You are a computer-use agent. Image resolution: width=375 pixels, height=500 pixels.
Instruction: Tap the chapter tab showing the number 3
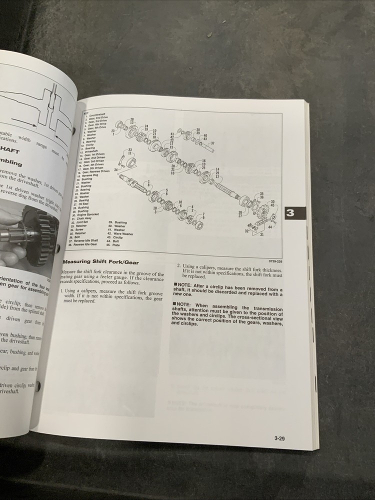point(290,213)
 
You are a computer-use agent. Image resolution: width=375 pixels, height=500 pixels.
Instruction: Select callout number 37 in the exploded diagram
point(213,143)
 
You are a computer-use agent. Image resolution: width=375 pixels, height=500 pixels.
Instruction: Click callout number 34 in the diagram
point(116,170)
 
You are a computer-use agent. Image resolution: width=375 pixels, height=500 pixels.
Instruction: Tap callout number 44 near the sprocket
point(270,227)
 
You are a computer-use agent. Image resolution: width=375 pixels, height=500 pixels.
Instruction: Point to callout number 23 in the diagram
point(113,131)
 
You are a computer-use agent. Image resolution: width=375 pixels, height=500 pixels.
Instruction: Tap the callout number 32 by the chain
point(246,231)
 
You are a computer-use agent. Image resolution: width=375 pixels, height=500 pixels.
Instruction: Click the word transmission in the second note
point(264,309)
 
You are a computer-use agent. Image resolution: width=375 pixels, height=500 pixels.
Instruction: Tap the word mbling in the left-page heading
point(11,163)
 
